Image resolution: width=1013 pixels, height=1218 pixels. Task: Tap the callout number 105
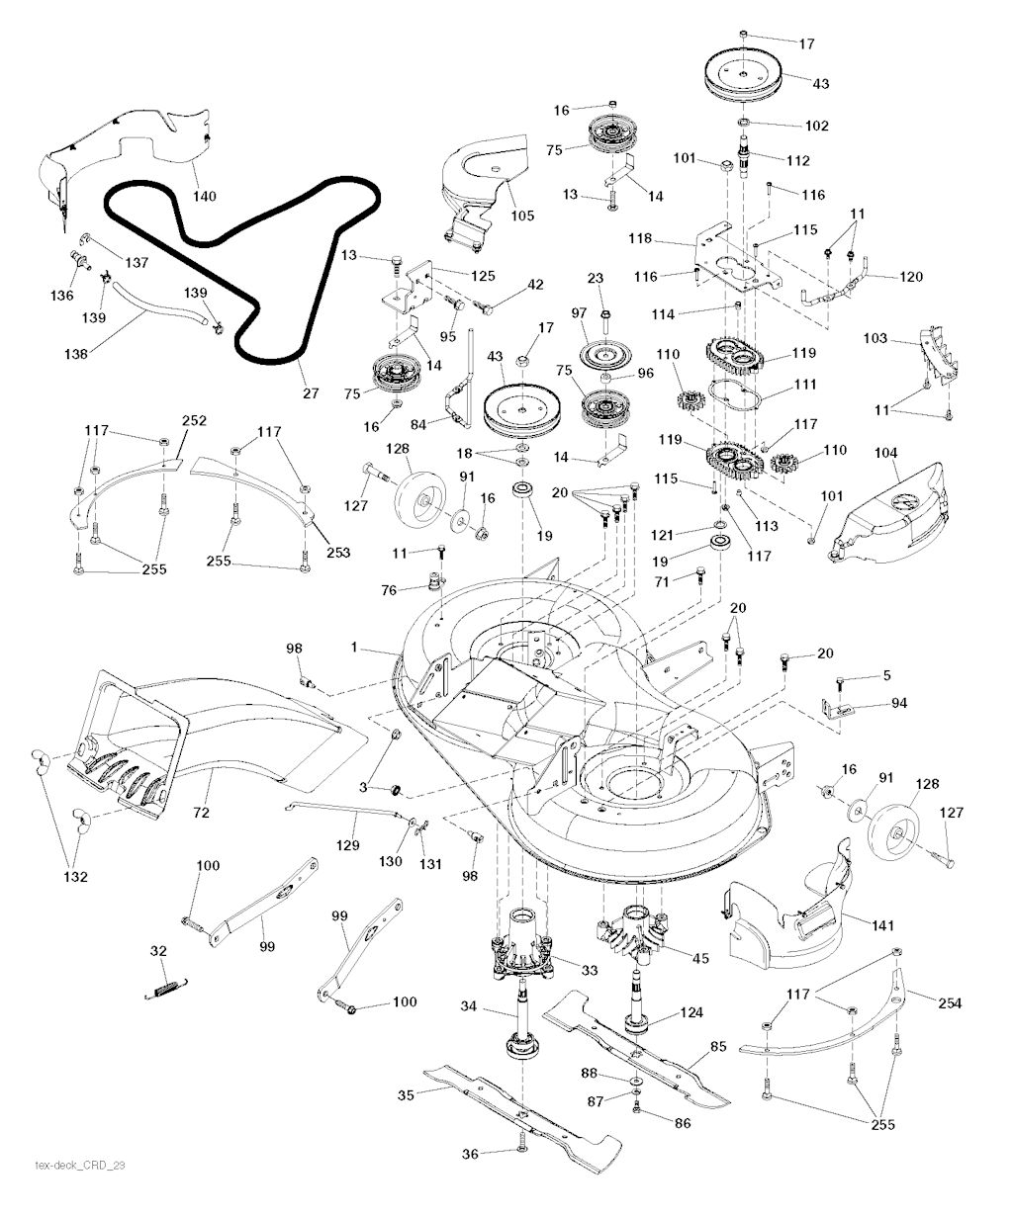click(522, 216)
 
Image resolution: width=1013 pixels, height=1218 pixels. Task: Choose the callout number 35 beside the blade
click(405, 1094)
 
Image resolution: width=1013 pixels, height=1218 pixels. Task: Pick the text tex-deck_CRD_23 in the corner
click(80, 1166)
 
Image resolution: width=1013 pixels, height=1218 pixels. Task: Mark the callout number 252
click(194, 419)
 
